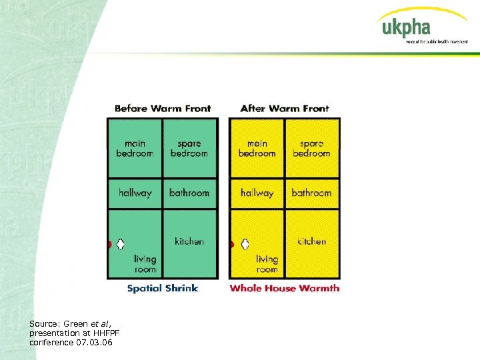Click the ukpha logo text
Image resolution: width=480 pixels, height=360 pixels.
pyautogui.click(x=406, y=28)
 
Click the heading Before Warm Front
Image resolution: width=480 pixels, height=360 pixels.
pyautogui.click(x=163, y=108)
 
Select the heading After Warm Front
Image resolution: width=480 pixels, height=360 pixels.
pyautogui.click(x=285, y=108)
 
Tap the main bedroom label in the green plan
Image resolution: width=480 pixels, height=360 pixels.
pyautogui.click(x=135, y=148)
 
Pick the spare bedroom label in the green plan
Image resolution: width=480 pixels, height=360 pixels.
pyautogui.click(x=189, y=148)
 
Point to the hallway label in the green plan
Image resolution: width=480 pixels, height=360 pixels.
pyautogui.click(x=135, y=193)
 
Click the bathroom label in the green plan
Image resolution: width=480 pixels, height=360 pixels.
pyautogui.click(x=189, y=193)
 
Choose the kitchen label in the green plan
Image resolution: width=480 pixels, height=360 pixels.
pyautogui.click(x=189, y=241)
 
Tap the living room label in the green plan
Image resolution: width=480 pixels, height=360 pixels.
pyautogui.click(x=145, y=264)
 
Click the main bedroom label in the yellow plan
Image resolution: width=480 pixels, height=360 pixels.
pyautogui.click(x=257, y=148)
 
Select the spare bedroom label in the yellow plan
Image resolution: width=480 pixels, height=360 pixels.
pyautogui.click(x=311, y=148)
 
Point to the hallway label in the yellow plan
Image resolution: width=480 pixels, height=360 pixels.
pyautogui.click(x=257, y=193)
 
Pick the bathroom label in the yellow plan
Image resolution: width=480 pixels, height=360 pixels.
pyautogui.click(x=311, y=193)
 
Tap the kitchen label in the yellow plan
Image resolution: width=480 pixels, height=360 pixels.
pyautogui.click(x=311, y=241)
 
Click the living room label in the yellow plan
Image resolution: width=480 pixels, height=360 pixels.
pyautogui.click(x=267, y=264)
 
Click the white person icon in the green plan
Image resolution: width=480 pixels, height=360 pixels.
pyautogui.click(x=121, y=244)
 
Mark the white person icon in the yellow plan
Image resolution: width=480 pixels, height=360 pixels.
pyautogui.click(x=244, y=244)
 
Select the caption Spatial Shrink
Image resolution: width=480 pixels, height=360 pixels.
pyautogui.click(x=163, y=289)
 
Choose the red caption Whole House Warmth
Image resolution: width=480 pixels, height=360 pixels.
pyautogui.click(x=285, y=289)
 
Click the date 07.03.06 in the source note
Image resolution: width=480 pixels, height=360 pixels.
pyautogui.click(x=95, y=342)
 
